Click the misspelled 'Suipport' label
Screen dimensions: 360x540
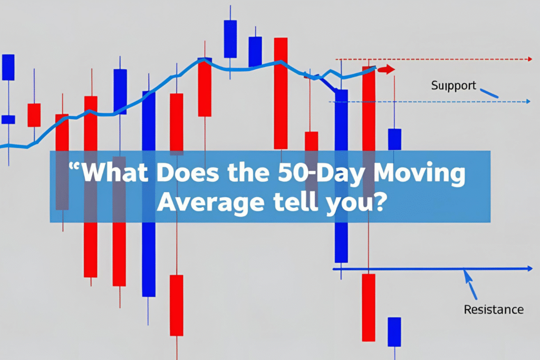click(x=454, y=85)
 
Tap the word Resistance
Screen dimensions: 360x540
click(x=494, y=309)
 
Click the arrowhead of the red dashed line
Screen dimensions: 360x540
click(x=529, y=59)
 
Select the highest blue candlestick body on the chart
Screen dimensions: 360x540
click(x=230, y=39)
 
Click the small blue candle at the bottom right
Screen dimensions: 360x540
click(x=394, y=332)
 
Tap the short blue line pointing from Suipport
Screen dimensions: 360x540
click(x=489, y=93)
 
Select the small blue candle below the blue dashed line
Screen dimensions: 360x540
click(x=394, y=139)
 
